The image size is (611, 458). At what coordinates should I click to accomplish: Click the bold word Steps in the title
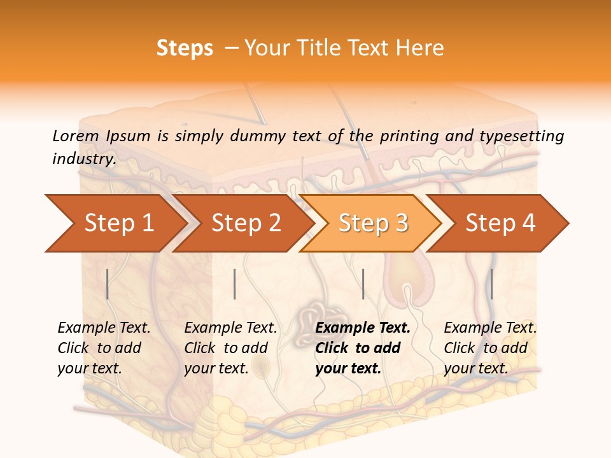coord(185,48)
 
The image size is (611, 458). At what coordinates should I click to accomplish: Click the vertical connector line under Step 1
coord(108,284)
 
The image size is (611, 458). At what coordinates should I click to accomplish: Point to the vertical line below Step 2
coord(235,284)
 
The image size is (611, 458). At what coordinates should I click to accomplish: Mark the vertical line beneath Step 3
coord(363,284)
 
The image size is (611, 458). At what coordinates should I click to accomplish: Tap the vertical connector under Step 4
coord(491,284)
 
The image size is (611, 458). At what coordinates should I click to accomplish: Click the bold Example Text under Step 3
coord(363,348)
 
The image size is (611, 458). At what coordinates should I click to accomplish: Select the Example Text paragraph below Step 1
coord(104,348)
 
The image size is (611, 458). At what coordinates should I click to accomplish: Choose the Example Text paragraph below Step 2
coord(230,348)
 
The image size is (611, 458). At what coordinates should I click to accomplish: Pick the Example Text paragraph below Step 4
coord(490,348)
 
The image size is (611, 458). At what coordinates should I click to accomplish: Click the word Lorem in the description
coord(75,136)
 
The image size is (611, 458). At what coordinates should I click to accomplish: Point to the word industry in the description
coord(84,159)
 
